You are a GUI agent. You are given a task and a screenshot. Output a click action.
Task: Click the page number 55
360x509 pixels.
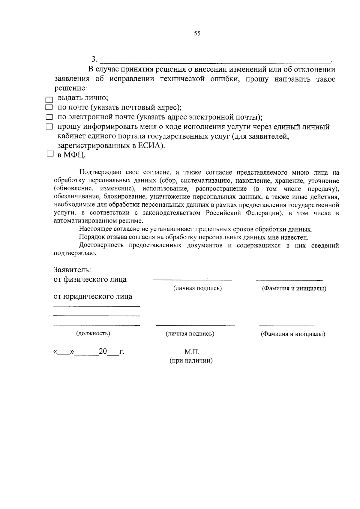(x=197, y=34)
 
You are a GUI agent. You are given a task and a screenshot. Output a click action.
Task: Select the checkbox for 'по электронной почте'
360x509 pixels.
(x=49, y=117)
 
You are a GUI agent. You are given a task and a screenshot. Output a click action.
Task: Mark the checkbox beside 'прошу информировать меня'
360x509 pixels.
(x=49, y=127)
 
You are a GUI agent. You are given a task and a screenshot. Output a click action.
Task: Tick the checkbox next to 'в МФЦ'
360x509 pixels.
(x=50, y=154)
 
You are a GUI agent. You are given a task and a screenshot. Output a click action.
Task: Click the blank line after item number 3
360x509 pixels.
(x=214, y=61)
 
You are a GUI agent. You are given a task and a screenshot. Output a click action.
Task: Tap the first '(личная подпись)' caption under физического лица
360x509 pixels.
(x=197, y=288)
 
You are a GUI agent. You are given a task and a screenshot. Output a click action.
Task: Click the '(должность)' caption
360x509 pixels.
(x=93, y=333)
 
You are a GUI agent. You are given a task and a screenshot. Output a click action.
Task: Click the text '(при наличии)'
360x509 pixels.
(x=191, y=361)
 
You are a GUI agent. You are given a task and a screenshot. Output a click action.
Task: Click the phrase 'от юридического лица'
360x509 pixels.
(x=93, y=297)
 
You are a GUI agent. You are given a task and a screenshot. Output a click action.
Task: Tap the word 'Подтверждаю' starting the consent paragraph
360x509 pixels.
(x=100, y=172)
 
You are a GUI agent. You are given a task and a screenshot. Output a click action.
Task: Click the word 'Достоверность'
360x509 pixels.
(x=101, y=245)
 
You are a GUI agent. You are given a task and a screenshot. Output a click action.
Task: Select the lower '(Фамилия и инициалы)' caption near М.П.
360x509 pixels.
(x=293, y=334)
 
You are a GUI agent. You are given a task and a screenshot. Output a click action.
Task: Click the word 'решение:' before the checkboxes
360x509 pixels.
(x=71, y=88)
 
